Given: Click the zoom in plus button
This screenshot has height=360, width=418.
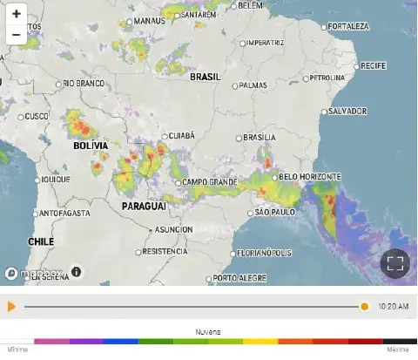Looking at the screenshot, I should click(17, 14).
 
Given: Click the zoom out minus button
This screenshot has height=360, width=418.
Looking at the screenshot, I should click(17, 35).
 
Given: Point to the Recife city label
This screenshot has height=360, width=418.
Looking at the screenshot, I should click(375, 65).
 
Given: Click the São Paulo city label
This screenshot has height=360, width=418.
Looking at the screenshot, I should click(272, 213).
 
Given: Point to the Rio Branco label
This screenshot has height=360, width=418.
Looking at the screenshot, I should click(84, 84).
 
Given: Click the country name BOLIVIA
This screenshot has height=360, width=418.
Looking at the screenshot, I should click(91, 146).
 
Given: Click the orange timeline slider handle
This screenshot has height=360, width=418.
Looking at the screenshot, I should click(365, 307).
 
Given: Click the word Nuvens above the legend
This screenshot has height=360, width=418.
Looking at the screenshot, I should click(207, 332).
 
